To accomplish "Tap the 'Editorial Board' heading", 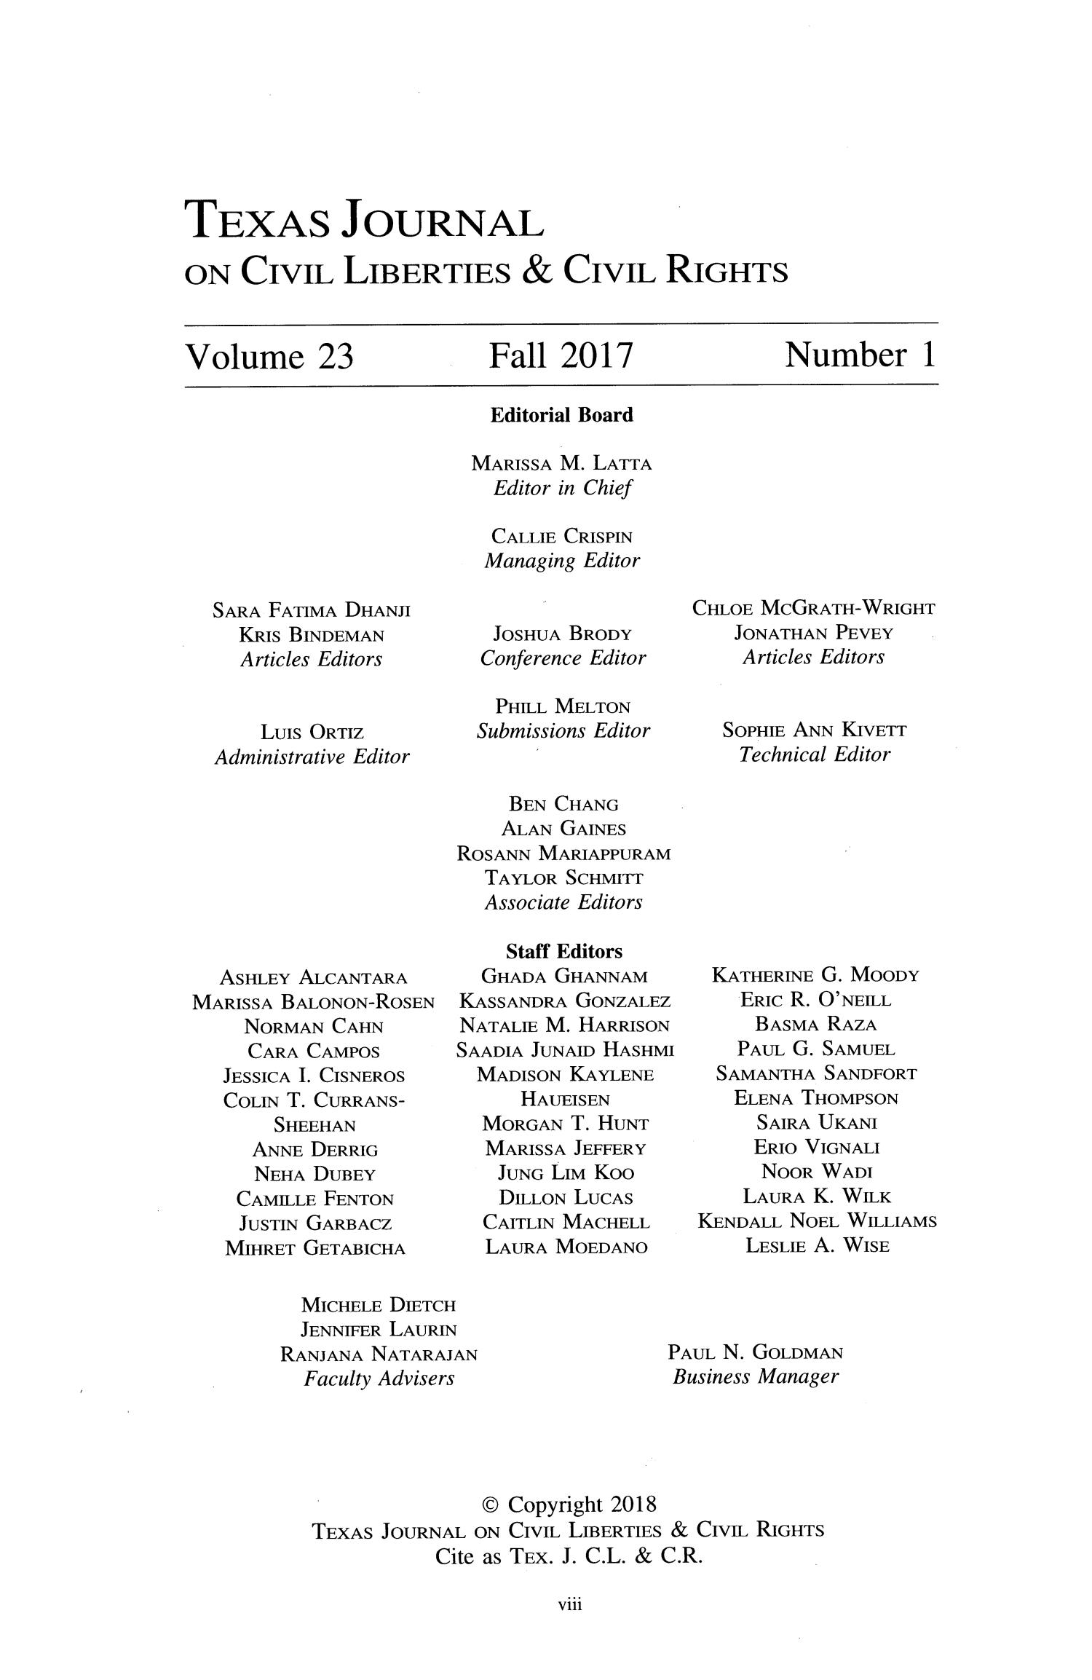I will [561, 415].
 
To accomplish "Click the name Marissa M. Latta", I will [562, 463].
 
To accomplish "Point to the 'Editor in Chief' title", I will [562, 488].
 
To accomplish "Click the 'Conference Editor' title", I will [562, 658].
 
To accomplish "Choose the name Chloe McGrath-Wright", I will [814, 608].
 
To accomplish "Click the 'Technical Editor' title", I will [814, 755].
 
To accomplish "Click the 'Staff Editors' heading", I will [564, 952].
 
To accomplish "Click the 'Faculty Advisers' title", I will [379, 1379].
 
